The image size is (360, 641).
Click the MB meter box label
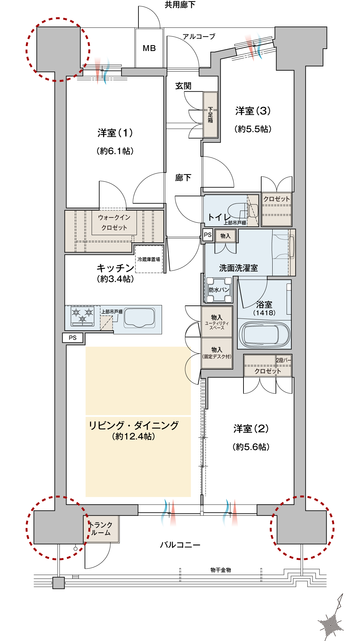click(x=149, y=48)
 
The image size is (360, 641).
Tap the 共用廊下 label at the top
click(x=180, y=5)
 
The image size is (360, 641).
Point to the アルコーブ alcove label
click(x=199, y=36)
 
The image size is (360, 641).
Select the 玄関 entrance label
click(x=183, y=86)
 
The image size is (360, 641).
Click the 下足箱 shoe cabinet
click(x=210, y=115)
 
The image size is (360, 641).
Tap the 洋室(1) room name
click(x=115, y=133)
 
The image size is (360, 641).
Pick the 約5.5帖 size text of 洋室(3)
click(x=253, y=129)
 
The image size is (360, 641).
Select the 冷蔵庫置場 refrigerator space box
click(x=149, y=259)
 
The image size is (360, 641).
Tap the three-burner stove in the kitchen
click(x=82, y=316)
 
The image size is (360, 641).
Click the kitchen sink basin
click(x=139, y=318)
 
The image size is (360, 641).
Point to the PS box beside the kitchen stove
click(x=73, y=338)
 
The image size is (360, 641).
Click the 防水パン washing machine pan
click(x=219, y=290)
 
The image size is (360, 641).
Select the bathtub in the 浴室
click(x=264, y=335)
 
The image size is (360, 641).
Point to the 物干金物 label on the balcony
click(x=221, y=570)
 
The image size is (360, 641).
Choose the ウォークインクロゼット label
click(x=114, y=222)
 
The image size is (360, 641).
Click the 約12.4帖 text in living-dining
click(x=134, y=436)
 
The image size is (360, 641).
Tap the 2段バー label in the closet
click(x=283, y=360)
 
